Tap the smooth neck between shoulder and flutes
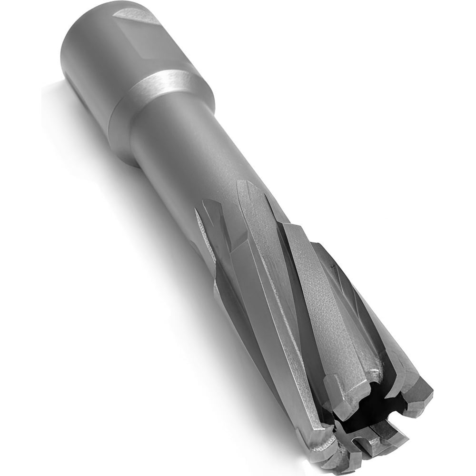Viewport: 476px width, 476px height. [190, 152]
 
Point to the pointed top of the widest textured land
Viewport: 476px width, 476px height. [245, 188]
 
